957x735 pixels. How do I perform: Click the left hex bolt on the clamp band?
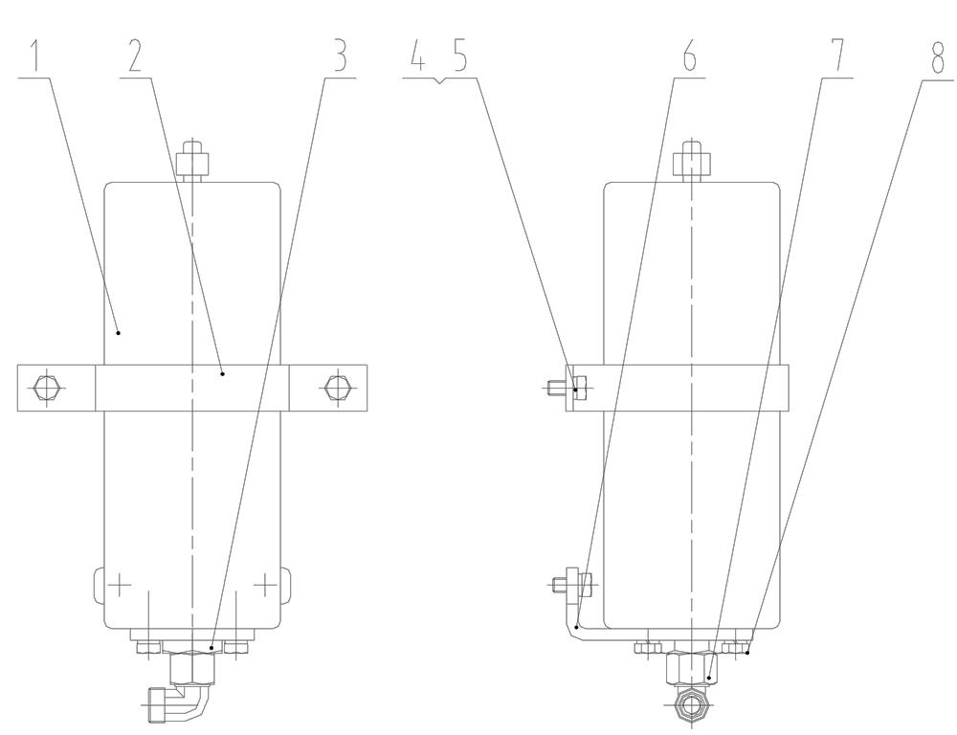[x=46, y=388]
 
